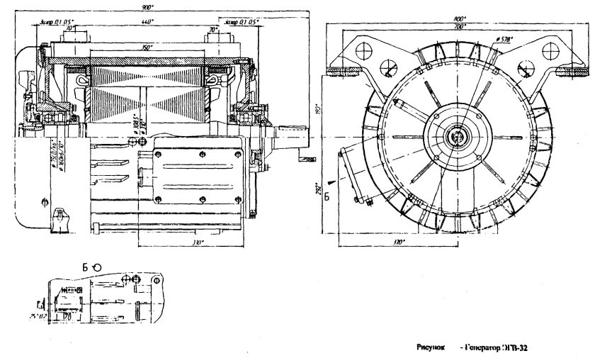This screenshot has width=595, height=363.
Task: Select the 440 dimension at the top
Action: pyautogui.click(x=147, y=23)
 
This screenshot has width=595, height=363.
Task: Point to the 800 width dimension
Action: pyautogui.click(x=460, y=18)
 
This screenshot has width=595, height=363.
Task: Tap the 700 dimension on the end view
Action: pyautogui.click(x=460, y=26)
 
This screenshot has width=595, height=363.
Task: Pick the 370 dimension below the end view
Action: pyautogui.click(x=397, y=242)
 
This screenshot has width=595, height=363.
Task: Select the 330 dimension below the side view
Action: pyautogui.click(x=198, y=242)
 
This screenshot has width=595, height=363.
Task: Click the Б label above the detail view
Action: pyautogui.click(x=84, y=267)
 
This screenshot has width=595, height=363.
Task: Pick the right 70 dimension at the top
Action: pyautogui.click(x=212, y=30)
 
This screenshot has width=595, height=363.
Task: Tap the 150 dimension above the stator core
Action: pyautogui.click(x=147, y=47)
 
